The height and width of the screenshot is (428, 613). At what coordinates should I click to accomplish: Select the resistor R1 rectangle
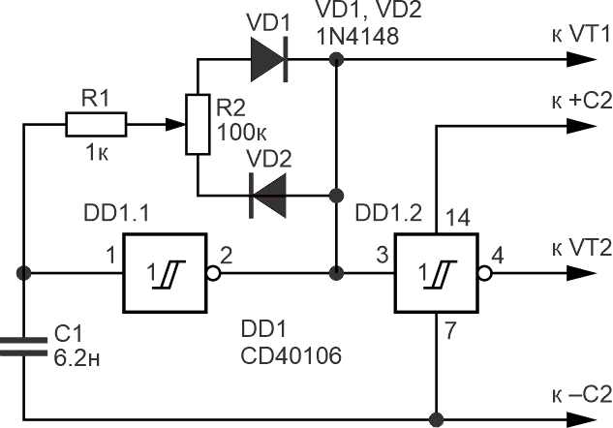pos(96,124)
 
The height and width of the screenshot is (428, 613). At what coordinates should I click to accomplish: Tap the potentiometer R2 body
pos(197,125)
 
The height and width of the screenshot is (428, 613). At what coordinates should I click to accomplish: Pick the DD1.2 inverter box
pos(436,272)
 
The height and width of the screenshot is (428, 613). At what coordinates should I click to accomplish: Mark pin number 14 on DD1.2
pos(459,219)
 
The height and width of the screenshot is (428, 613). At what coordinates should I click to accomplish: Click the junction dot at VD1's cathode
pos(335,59)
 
